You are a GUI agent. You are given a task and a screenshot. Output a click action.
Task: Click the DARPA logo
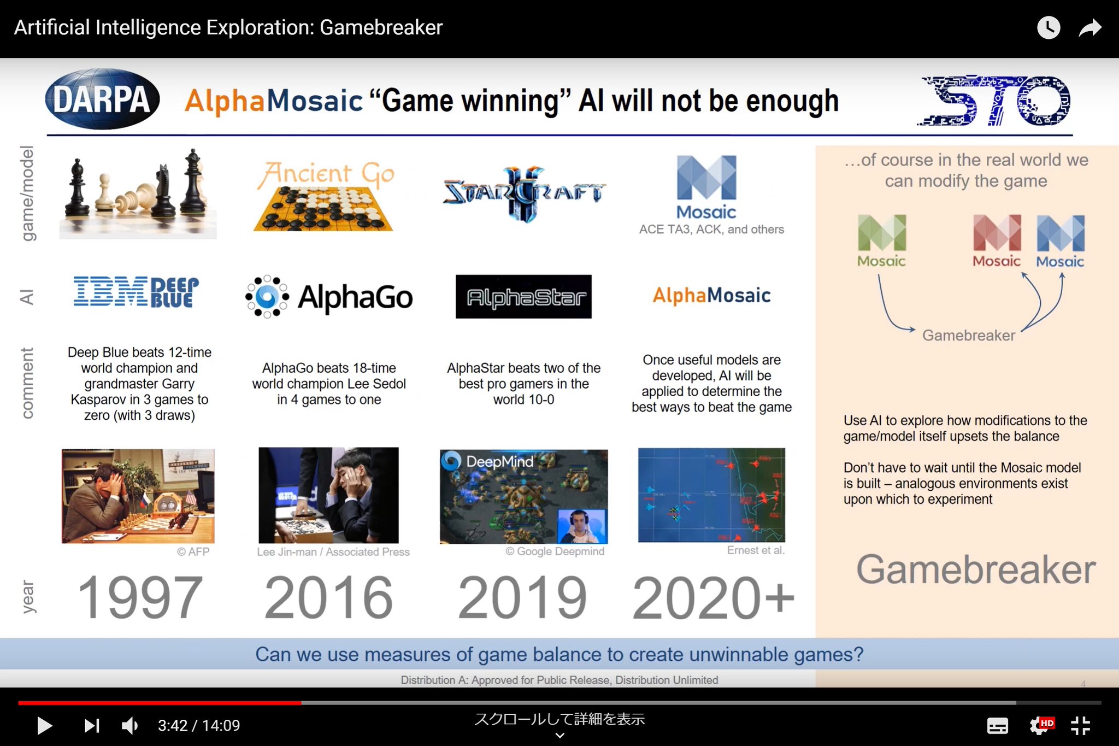pyautogui.click(x=102, y=99)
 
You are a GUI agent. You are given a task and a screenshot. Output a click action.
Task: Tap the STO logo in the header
pyautogui.click(x=995, y=101)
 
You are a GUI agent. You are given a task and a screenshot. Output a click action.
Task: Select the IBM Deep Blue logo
pyautogui.click(x=136, y=292)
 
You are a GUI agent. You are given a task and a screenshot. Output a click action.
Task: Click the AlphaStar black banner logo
pyautogui.click(x=523, y=297)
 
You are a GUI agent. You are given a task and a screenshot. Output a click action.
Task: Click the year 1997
pyautogui.click(x=140, y=598)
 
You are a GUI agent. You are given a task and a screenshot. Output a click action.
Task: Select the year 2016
pyautogui.click(x=328, y=598)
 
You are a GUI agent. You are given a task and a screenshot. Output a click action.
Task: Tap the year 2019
pyautogui.click(x=522, y=598)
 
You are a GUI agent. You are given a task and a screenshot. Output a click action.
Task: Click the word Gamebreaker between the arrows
pyautogui.click(x=968, y=335)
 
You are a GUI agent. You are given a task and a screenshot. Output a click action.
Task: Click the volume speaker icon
pyautogui.click(x=130, y=726)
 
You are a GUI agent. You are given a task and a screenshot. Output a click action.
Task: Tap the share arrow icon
pyautogui.click(x=1089, y=28)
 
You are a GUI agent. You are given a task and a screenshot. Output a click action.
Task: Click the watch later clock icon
pyautogui.click(x=1048, y=28)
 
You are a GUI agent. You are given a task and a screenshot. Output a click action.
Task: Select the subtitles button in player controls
pyautogui.click(x=997, y=726)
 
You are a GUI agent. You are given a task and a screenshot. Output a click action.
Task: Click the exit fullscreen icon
pyautogui.click(x=1080, y=726)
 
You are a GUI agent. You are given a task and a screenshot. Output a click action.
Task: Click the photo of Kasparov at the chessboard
pyautogui.click(x=138, y=496)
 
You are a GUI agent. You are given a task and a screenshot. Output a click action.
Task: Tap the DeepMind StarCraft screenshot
pyautogui.click(x=523, y=496)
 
